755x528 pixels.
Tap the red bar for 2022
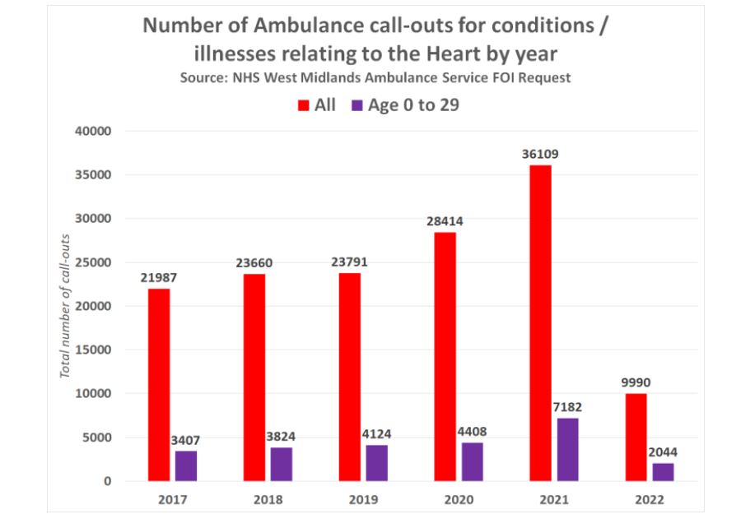tap(636, 437)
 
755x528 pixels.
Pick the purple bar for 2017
tap(185, 465)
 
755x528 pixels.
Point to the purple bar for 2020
tap(472, 461)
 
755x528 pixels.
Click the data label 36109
tap(541, 154)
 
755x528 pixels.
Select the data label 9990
tap(636, 382)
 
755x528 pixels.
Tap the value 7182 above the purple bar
tap(567, 407)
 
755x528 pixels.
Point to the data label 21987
tap(159, 277)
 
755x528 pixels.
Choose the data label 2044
tap(663, 452)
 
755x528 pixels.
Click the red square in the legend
tap(303, 105)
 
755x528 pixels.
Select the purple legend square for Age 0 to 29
tap(357, 105)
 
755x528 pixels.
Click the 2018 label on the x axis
tap(267, 498)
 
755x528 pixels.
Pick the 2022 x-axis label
tap(649, 498)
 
